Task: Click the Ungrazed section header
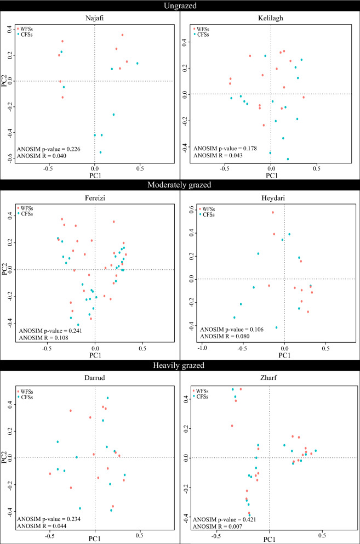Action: tap(180, 6)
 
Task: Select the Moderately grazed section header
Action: tap(180, 185)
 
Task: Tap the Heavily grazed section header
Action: tap(180, 365)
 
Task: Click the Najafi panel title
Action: tap(95, 18)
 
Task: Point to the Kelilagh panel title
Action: tap(271, 18)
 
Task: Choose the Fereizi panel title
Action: tap(95, 197)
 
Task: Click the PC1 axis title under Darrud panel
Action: tap(95, 540)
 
